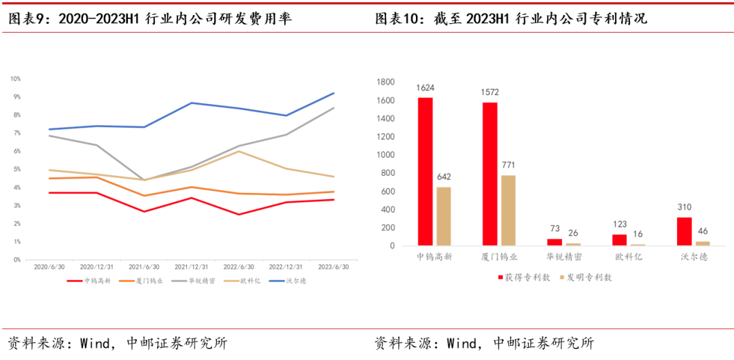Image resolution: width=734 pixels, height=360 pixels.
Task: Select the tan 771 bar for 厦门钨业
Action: point(509,211)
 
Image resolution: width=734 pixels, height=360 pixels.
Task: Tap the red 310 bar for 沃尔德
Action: point(684,232)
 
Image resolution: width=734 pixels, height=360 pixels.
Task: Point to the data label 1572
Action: point(490,92)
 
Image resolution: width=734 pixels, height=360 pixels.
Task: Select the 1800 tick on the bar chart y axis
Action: point(385,82)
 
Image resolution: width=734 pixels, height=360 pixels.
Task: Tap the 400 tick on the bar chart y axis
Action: point(387,210)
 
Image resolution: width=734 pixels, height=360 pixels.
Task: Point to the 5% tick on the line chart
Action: point(16,169)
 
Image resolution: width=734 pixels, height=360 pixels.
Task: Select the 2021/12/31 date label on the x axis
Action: point(192,267)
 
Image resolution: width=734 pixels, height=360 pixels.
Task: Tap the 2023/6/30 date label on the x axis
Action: point(333,267)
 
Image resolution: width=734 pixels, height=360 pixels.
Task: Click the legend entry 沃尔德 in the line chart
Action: point(293,281)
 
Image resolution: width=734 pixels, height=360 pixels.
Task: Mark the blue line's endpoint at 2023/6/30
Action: point(334,93)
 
